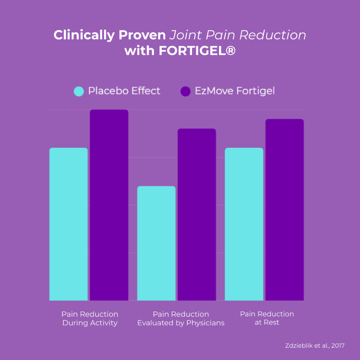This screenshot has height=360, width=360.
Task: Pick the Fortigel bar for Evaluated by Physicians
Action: [197, 214]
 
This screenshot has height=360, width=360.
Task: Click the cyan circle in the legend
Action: [79, 91]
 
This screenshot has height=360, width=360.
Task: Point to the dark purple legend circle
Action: [185, 91]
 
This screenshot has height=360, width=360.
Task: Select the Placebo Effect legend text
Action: [124, 91]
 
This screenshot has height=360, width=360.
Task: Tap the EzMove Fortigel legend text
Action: [235, 91]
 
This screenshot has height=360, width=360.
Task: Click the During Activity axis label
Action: [90, 323]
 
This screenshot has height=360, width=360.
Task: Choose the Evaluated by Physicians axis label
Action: [181, 323]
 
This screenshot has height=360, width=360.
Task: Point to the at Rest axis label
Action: [267, 322]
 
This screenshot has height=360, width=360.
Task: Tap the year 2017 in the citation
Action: [338, 346]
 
